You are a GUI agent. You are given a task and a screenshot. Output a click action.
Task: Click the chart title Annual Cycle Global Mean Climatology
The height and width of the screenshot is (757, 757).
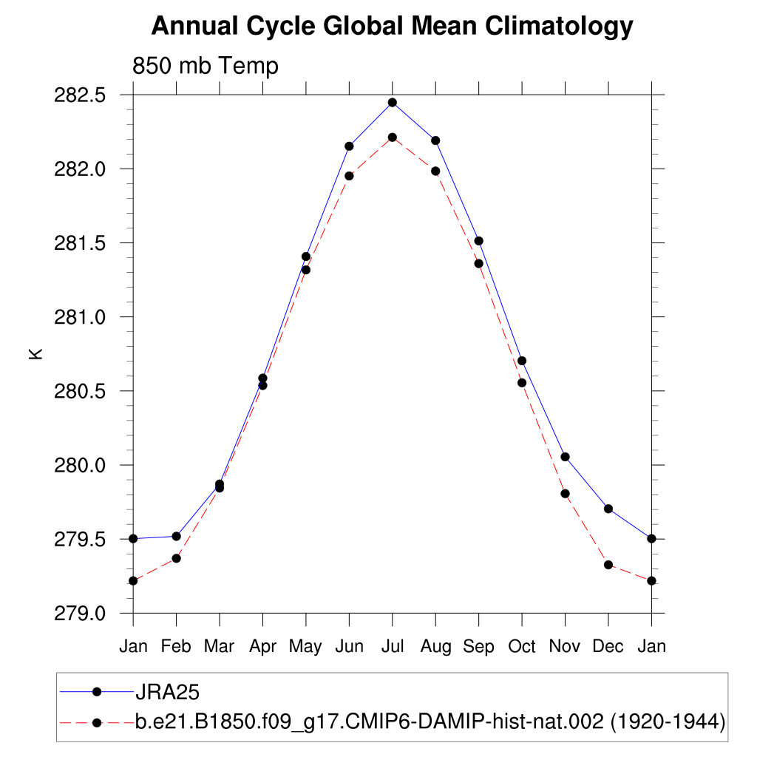point(392,27)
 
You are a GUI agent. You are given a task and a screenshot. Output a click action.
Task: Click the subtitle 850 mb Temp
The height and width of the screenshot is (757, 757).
point(205,66)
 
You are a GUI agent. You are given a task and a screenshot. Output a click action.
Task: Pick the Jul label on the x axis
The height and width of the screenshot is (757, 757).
point(393,647)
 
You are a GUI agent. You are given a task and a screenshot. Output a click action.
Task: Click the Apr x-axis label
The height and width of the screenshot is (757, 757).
point(262,647)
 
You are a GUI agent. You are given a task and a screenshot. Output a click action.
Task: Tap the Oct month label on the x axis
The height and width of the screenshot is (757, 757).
point(522,647)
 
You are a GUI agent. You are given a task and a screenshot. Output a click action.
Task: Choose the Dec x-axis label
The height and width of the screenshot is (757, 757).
point(608,647)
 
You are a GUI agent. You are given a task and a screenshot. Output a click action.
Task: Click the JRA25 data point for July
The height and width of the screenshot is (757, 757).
point(393,103)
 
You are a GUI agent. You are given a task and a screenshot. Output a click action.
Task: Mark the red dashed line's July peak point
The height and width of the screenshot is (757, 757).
point(393,138)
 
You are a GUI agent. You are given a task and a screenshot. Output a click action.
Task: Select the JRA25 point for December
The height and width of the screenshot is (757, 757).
point(608,509)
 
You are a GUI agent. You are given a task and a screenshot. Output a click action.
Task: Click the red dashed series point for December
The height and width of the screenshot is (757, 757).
point(608,565)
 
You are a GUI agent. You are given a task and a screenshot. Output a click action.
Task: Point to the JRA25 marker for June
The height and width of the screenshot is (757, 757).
point(349,146)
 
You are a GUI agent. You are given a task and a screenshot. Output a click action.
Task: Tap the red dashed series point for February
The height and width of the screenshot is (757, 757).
point(176,558)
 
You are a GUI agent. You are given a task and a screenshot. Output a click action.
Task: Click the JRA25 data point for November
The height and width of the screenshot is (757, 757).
point(565,457)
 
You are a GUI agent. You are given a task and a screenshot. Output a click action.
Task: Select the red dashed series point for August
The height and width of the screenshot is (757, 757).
point(435,172)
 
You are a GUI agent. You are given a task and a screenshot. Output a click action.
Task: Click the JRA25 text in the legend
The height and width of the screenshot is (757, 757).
point(168,692)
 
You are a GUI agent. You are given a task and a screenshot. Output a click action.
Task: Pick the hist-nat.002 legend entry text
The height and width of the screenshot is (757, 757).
point(429,722)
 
